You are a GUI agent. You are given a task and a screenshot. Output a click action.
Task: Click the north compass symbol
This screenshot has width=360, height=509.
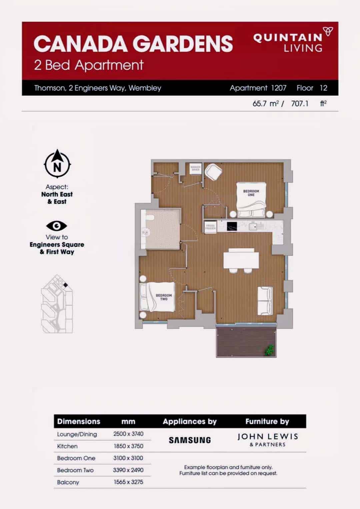[x=57, y=164]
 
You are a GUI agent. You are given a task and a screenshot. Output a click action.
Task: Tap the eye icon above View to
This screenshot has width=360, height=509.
[x=57, y=226]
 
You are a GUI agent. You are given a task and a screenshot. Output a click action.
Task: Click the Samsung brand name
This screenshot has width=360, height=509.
[x=190, y=440]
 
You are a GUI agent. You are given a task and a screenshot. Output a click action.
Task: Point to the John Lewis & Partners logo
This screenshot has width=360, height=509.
[x=268, y=440]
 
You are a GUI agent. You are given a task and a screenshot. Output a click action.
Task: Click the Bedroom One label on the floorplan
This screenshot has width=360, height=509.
[x=251, y=193]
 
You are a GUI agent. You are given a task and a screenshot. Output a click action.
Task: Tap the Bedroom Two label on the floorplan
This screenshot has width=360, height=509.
[x=164, y=297]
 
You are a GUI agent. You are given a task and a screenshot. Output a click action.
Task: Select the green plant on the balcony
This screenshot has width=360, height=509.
[x=269, y=350]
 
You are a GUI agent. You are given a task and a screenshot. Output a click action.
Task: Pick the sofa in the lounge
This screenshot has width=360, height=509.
[x=265, y=301]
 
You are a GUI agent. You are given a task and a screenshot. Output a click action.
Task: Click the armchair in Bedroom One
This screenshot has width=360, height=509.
[x=213, y=172]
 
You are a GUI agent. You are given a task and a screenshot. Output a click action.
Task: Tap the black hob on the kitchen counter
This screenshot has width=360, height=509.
[x=232, y=226]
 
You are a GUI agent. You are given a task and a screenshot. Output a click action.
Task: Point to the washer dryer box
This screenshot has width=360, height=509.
[x=195, y=168]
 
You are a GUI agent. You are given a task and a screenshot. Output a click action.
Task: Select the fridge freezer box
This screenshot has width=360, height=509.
[x=210, y=227]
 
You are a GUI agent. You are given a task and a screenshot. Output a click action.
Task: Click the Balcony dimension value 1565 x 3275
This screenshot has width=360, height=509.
[x=128, y=482]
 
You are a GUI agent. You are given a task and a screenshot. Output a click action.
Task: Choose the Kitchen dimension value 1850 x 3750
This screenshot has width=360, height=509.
[x=128, y=446]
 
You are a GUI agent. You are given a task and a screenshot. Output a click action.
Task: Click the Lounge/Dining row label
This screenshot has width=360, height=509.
[x=77, y=434]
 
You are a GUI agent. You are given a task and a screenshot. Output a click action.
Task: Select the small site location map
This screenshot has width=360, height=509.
[x=57, y=304]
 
